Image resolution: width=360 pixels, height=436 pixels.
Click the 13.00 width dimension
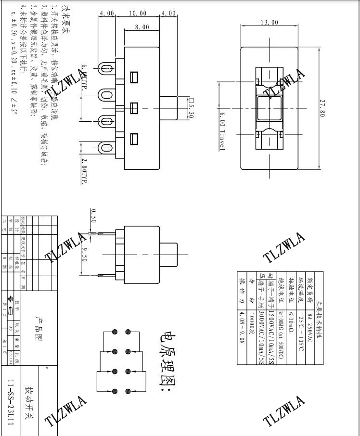click(270, 22)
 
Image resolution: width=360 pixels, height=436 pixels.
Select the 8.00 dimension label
click(142, 27)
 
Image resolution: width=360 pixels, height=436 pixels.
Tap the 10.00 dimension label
click(138, 13)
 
